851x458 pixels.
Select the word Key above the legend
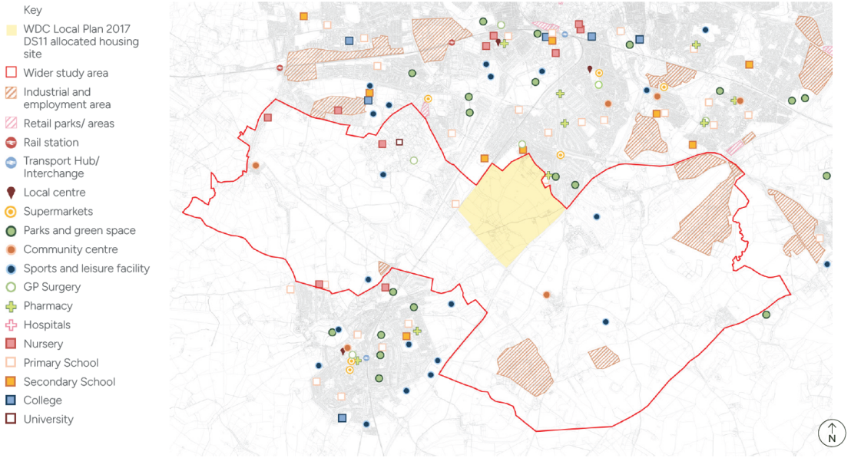click(x=33, y=11)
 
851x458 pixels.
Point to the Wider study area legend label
click(x=65, y=73)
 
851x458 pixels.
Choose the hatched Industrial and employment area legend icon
click(x=12, y=92)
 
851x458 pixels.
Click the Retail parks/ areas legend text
click(x=68, y=124)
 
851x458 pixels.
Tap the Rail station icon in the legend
click(x=12, y=143)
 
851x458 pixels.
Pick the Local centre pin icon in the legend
click(x=12, y=193)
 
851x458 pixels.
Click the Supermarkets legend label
click(x=58, y=212)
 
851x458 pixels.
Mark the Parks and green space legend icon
click(x=12, y=230)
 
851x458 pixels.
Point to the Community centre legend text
click(x=71, y=249)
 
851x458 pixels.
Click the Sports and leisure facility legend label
click(x=86, y=269)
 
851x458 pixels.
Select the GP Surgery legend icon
click(x=12, y=287)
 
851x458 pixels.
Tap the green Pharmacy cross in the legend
click(x=12, y=306)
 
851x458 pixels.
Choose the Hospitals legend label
click(x=47, y=325)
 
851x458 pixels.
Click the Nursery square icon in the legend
click(x=12, y=344)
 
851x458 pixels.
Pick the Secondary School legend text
click(x=69, y=382)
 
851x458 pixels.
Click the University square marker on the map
click(x=399, y=142)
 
